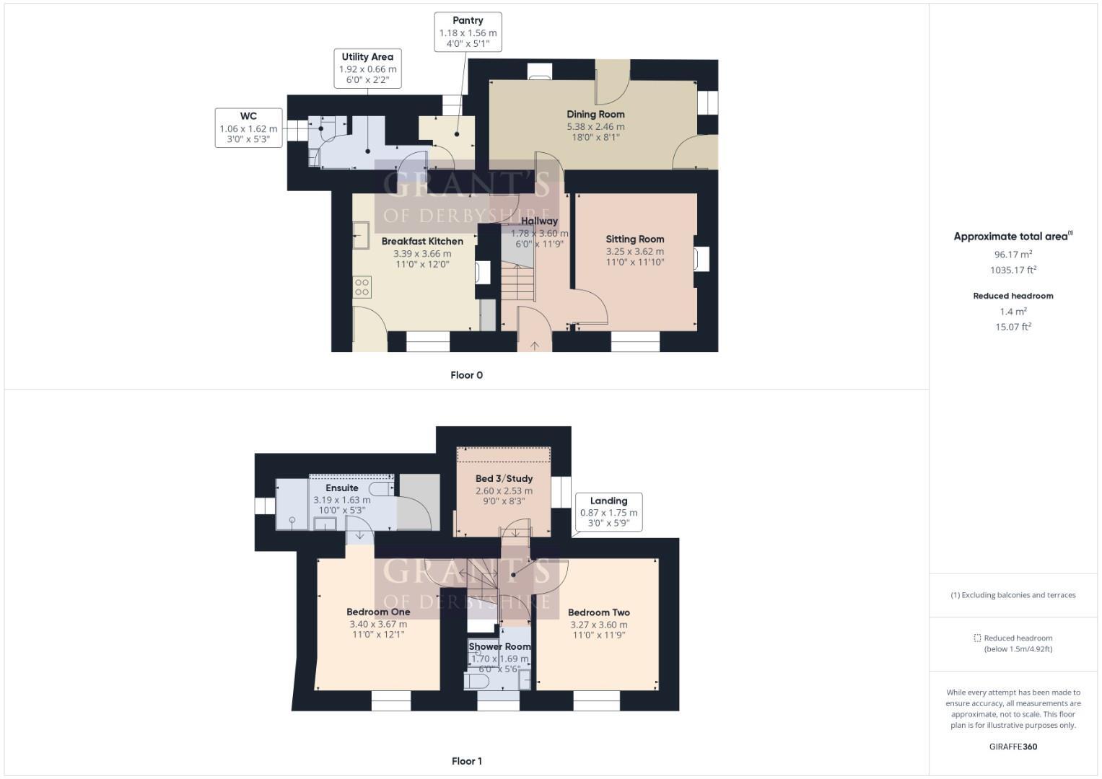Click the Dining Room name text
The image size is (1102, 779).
(595, 114)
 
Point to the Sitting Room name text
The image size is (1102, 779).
(635, 239)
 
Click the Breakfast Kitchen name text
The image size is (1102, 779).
(422, 241)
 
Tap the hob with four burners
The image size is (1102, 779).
(362, 287)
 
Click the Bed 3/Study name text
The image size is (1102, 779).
(504, 478)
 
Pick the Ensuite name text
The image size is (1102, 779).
(342, 488)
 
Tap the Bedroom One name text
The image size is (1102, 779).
(378, 612)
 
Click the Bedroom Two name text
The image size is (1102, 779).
(599, 612)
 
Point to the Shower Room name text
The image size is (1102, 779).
(499, 646)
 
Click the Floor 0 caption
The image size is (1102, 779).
(466, 375)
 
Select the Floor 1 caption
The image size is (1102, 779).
(466, 761)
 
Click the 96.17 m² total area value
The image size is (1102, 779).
(1013, 254)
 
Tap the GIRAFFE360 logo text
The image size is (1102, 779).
(1013, 747)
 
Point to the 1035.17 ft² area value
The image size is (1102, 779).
(1013, 270)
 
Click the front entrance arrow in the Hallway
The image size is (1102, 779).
(535, 346)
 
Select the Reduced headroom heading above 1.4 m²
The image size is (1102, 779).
(1013, 296)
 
